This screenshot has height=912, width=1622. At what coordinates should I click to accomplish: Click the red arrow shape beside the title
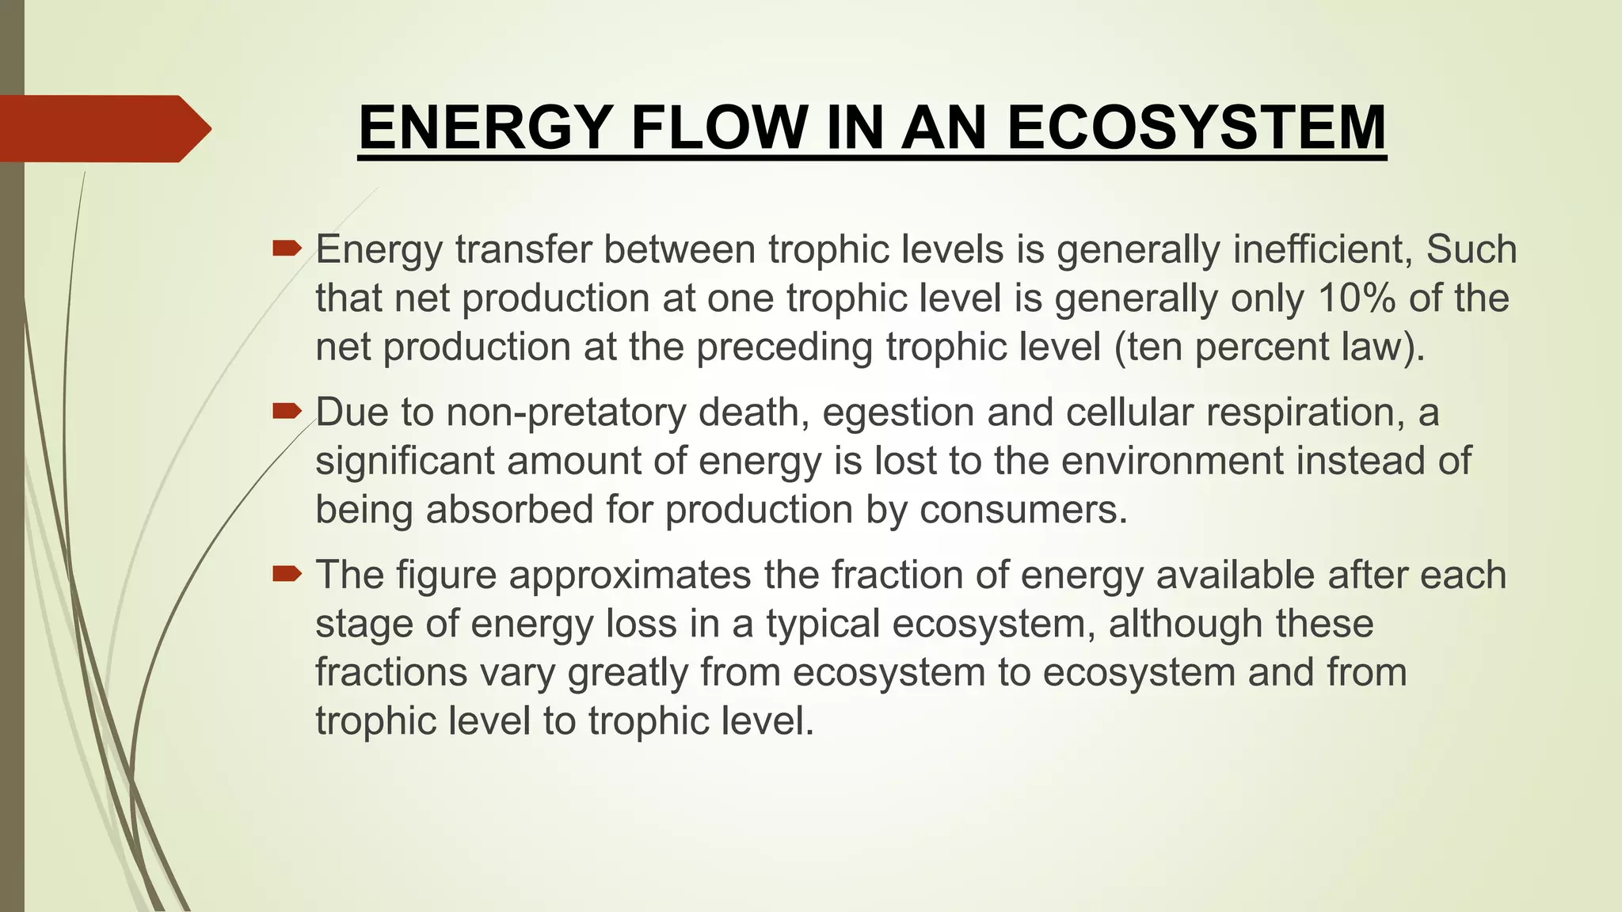pos(103,128)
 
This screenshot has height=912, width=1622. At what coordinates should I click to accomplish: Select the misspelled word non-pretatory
pos(565,412)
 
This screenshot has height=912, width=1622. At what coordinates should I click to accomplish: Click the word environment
pos(1172,461)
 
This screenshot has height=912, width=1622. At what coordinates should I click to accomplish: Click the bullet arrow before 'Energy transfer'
pos(286,249)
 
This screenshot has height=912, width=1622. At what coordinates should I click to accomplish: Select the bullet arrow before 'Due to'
pos(286,412)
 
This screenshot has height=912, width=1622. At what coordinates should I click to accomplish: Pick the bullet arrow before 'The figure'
pos(286,574)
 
